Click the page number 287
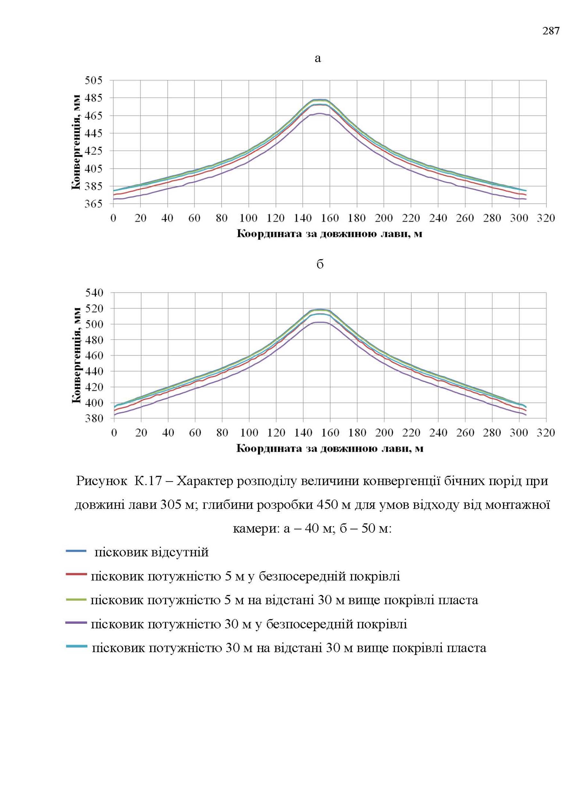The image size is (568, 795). pyautogui.click(x=551, y=31)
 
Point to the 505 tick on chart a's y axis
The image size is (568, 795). pyautogui.click(x=94, y=80)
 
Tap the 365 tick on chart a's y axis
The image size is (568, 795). pyautogui.click(x=94, y=204)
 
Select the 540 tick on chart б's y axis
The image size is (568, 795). pyautogui.click(x=95, y=292)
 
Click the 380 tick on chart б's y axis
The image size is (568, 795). pyautogui.click(x=95, y=418)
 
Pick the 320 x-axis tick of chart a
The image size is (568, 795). pyautogui.click(x=546, y=218)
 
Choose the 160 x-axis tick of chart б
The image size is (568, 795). pyautogui.click(x=330, y=433)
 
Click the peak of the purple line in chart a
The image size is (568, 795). pyautogui.click(x=320, y=113)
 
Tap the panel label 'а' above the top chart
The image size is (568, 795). pyautogui.click(x=318, y=58)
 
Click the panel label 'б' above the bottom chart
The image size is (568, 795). pyautogui.click(x=320, y=264)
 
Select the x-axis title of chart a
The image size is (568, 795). pyautogui.click(x=330, y=234)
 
